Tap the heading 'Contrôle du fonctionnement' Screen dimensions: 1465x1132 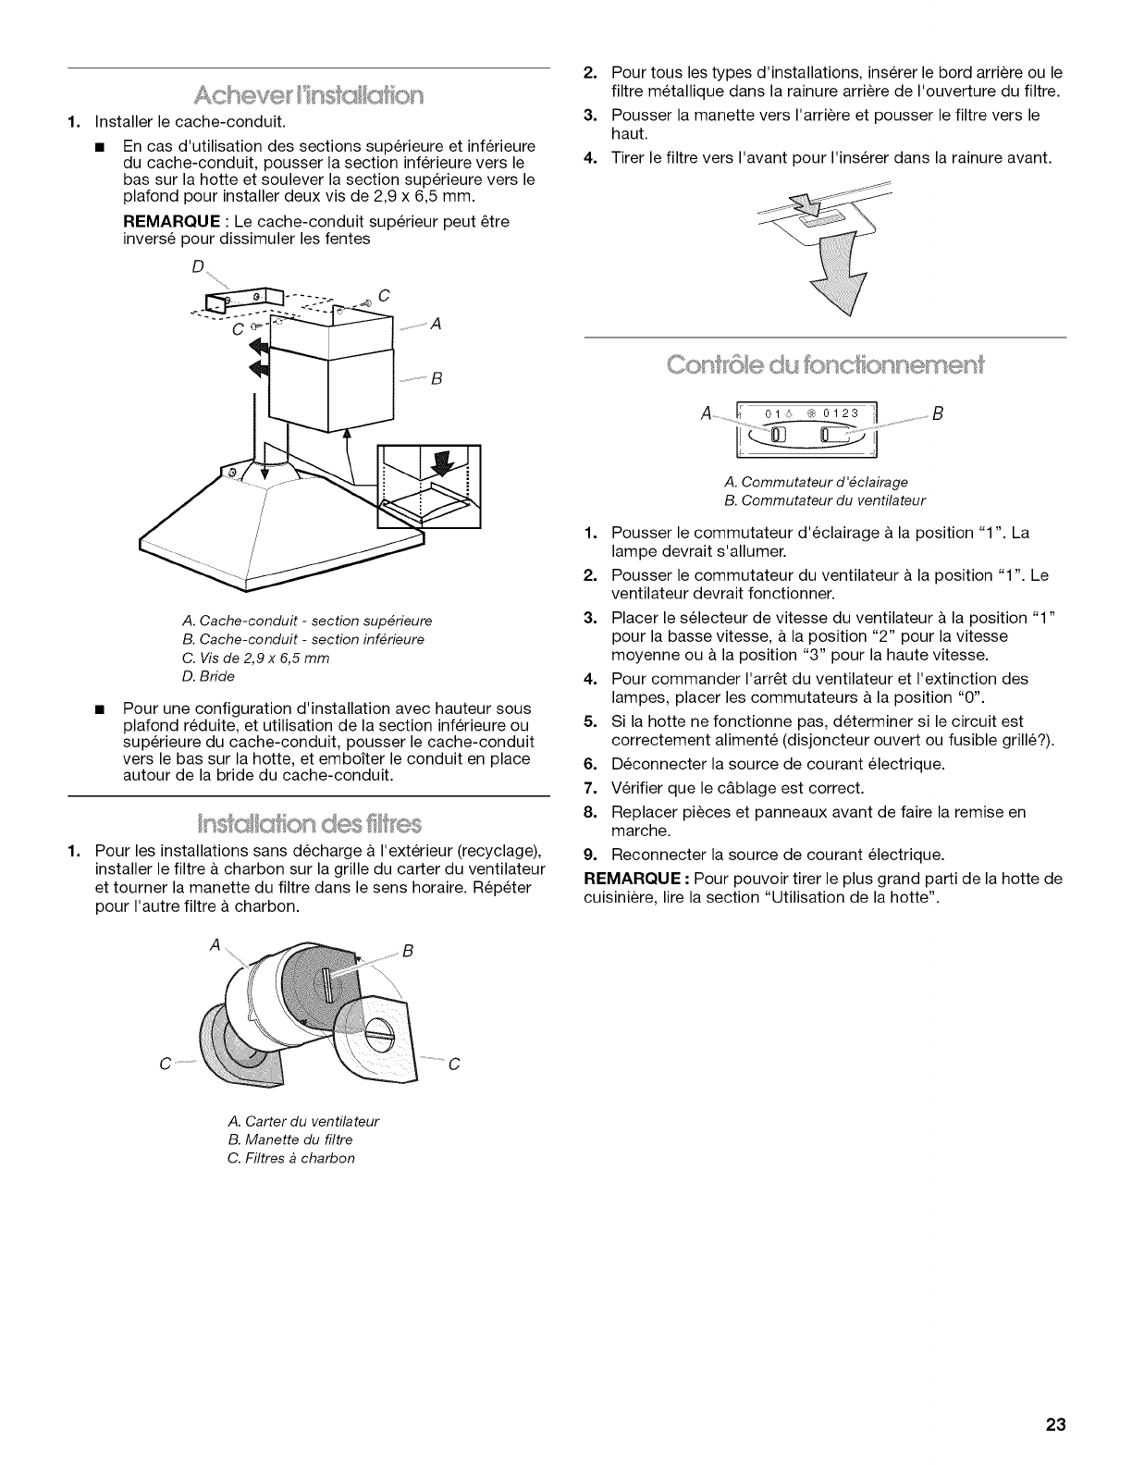pyautogui.click(x=826, y=360)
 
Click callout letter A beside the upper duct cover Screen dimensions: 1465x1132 pyautogui.click(x=436, y=324)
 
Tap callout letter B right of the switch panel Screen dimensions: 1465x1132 pyautogui.click(x=937, y=413)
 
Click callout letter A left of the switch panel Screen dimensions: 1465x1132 pyautogui.click(x=707, y=413)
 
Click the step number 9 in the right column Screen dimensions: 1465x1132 pyautogui.click(x=590, y=854)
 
